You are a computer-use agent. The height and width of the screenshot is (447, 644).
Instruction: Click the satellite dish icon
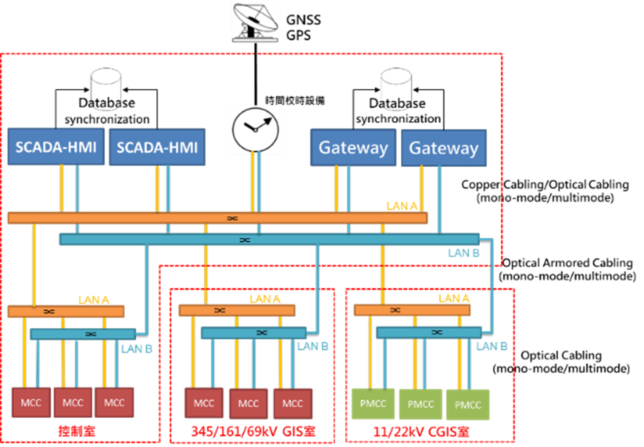click(255, 22)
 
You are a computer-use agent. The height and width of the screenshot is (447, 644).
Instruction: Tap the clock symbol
click(255, 130)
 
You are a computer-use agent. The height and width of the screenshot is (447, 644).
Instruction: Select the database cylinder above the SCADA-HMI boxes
click(105, 89)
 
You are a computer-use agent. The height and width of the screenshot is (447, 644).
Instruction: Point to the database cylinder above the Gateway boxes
click(396, 89)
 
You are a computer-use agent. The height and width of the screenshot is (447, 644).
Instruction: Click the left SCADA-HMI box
click(56, 147)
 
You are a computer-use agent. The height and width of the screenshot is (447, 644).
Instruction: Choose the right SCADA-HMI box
click(157, 147)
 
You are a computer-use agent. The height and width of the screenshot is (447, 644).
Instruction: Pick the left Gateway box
click(353, 148)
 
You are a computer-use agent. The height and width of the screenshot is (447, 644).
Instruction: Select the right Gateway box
click(444, 148)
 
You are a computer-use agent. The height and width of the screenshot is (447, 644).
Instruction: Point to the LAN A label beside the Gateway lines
click(402, 206)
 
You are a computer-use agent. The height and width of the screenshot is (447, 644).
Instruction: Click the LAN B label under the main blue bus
click(463, 253)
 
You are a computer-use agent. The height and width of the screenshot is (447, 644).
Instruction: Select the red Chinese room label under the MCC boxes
click(77, 431)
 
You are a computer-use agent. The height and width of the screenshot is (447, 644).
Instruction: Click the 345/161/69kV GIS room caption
click(253, 432)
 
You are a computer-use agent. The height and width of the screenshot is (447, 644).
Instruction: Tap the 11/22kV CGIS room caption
click(421, 432)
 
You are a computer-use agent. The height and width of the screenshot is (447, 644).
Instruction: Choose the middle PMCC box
click(420, 404)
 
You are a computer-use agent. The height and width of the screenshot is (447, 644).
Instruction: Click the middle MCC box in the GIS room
click(248, 403)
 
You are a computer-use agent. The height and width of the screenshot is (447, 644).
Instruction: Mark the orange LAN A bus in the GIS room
click(237, 310)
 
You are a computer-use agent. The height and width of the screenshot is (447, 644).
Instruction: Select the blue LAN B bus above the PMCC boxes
click(429, 332)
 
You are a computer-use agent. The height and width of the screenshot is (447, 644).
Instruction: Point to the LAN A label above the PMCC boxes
click(454, 299)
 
